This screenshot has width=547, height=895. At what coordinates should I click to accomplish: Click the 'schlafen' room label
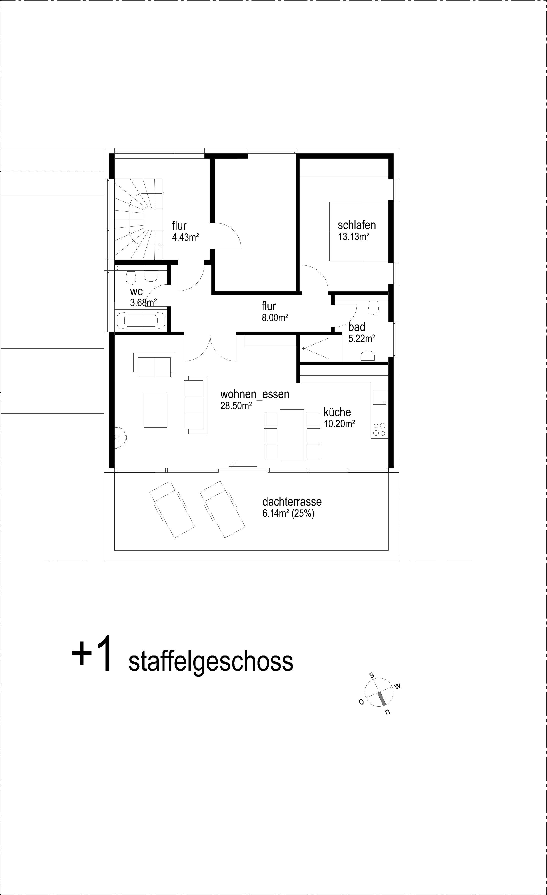click(357, 225)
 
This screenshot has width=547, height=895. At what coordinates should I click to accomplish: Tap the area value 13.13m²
click(353, 237)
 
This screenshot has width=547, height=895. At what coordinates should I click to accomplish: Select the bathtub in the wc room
click(141, 321)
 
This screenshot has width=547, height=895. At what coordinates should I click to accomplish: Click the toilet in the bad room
click(373, 307)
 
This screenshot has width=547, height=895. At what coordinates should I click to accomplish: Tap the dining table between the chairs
click(292, 435)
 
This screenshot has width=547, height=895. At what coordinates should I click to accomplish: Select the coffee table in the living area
click(155, 409)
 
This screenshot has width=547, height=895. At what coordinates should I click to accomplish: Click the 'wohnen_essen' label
click(255, 394)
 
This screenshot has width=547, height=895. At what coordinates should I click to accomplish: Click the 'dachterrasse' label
click(292, 502)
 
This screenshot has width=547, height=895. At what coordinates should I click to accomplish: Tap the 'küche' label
click(337, 412)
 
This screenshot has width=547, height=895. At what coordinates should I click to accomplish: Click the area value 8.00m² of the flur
click(275, 318)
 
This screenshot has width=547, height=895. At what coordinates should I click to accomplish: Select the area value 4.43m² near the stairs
click(185, 237)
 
